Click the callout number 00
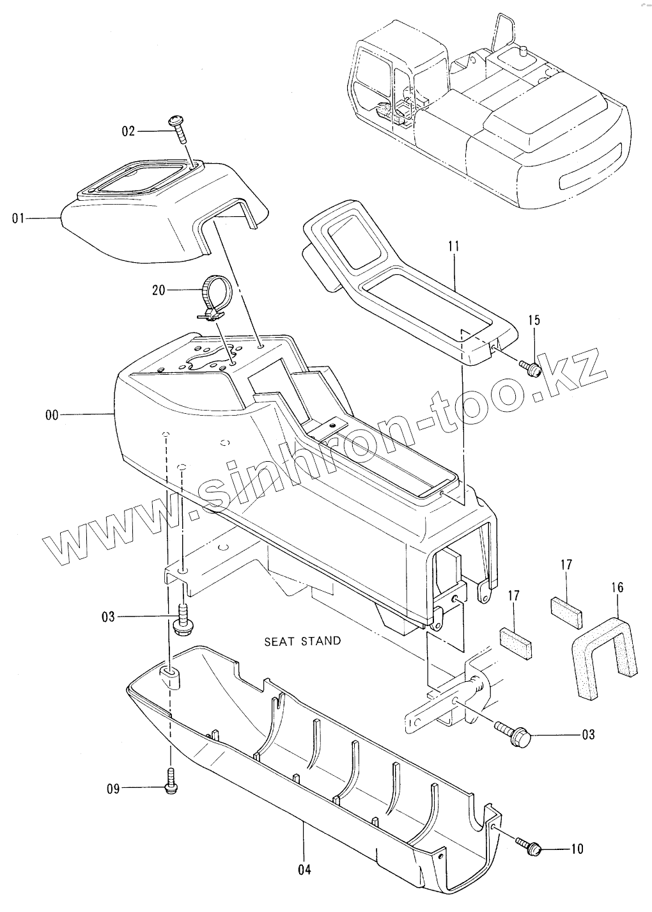point(52,415)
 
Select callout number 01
point(18,219)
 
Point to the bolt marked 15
point(532,368)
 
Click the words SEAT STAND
point(302,641)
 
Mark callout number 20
point(159,290)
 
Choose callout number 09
point(113,789)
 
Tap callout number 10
point(577,849)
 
